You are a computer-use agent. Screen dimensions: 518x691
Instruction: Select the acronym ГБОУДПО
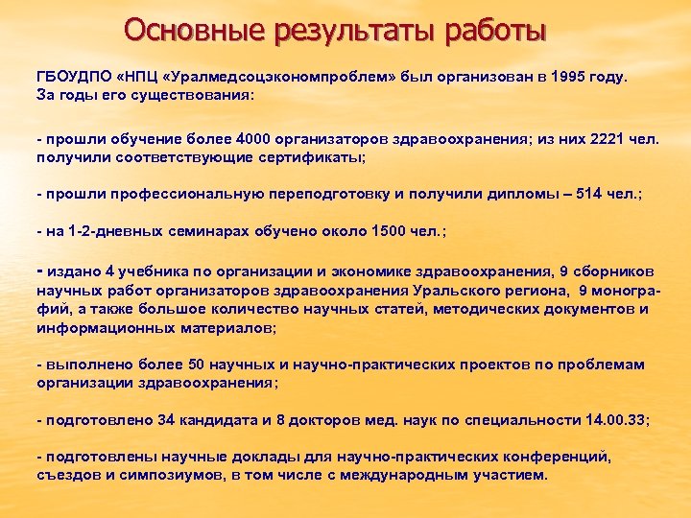(x=73, y=76)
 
